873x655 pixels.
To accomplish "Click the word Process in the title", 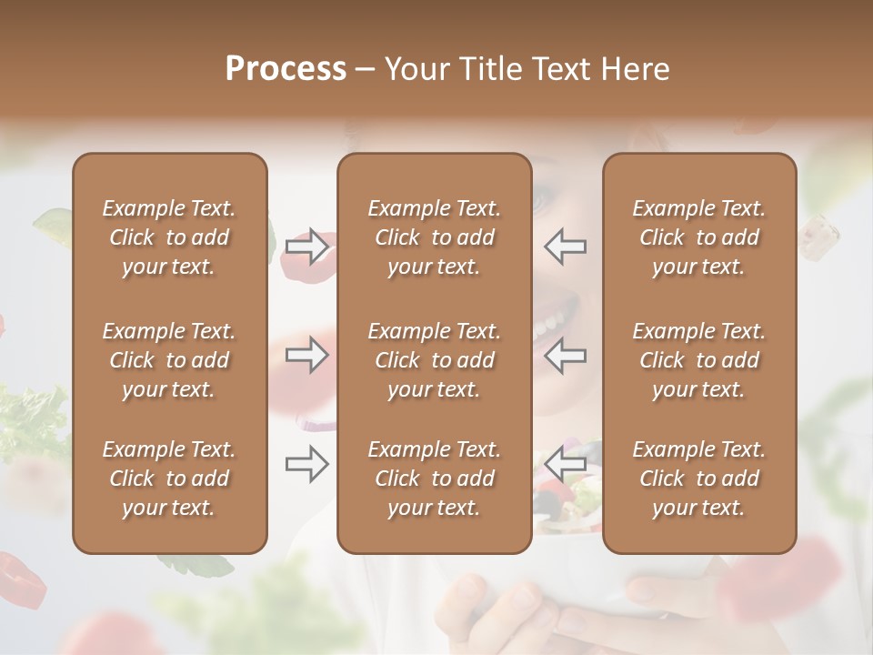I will pyautogui.click(x=286, y=69).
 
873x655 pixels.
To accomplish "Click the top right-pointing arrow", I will pyautogui.click(x=307, y=246).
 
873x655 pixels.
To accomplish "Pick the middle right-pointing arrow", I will pyautogui.click(x=307, y=355).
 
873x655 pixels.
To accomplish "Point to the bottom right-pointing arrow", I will pyautogui.click(x=307, y=464).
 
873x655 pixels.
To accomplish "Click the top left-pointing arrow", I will pyautogui.click(x=565, y=246).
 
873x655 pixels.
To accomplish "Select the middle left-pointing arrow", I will pyautogui.click(x=565, y=355).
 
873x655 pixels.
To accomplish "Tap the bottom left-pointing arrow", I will pyautogui.click(x=565, y=464).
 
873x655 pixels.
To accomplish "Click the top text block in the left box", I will pyautogui.click(x=169, y=237).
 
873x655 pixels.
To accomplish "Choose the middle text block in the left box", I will pyautogui.click(x=169, y=360).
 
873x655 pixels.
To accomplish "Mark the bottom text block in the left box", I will pyautogui.click(x=169, y=479).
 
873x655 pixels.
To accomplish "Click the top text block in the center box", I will pyautogui.click(x=434, y=237).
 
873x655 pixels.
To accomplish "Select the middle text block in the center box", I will pyautogui.click(x=434, y=360).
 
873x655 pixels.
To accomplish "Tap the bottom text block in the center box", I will pyautogui.click(x=434, y=479).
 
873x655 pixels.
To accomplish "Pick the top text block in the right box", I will pyautogui.click(x=698, y=237).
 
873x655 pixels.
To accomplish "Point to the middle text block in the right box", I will pyautogui.click(x=698, y=360).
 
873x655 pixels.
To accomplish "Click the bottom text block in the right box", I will pyautogui.click(x=698, y=479).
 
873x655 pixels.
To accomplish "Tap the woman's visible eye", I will pyautogui.click(x=543, y=196).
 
